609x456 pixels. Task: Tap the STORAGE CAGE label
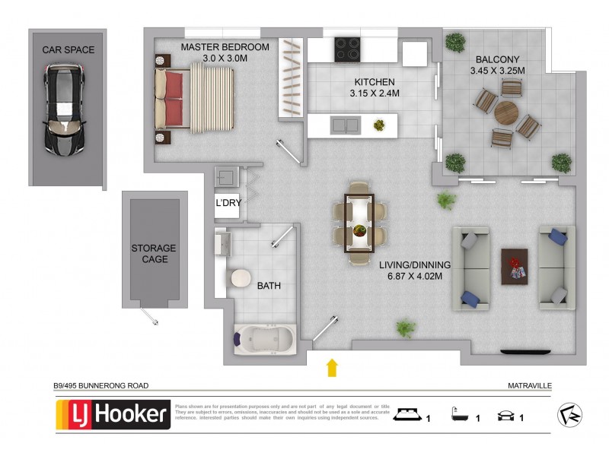153,254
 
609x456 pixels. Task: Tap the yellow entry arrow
332,369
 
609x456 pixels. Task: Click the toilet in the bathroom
241,279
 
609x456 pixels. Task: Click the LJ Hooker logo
113,415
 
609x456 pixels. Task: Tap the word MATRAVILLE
528,386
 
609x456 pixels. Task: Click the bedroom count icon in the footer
409,415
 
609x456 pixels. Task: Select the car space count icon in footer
505,415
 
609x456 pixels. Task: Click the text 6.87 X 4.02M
415,275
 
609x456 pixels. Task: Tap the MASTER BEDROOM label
225,47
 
